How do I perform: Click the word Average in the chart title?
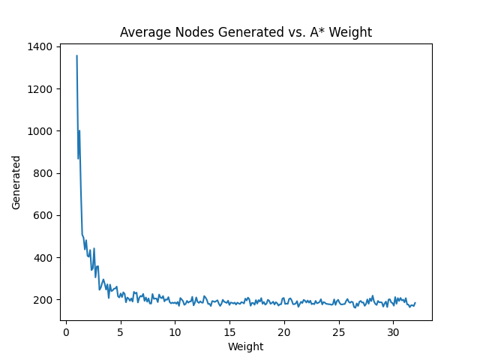click(142, 32)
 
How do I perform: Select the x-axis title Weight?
click(246, 346)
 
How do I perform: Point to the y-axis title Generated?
click(16, 182)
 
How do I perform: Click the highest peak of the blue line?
click(76, 55)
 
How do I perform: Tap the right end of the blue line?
click(415, 303)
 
